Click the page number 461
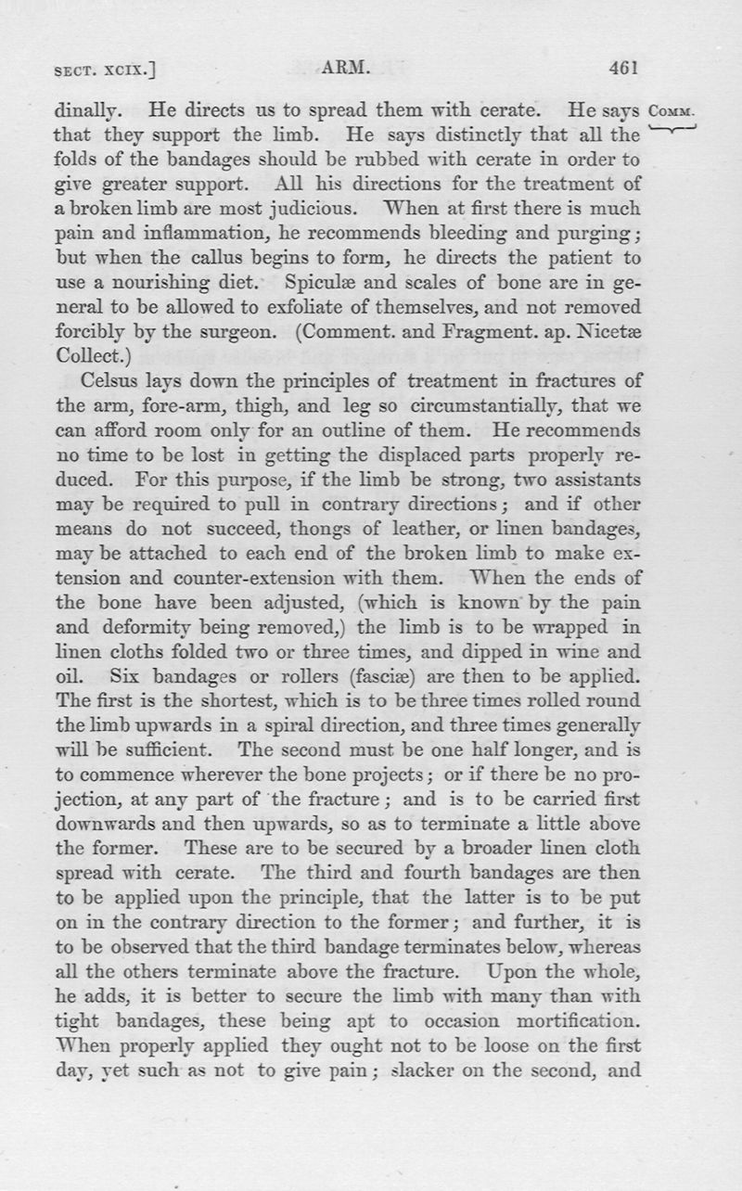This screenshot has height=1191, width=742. pos(626,68)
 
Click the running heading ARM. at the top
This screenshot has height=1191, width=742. pos(344,68)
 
